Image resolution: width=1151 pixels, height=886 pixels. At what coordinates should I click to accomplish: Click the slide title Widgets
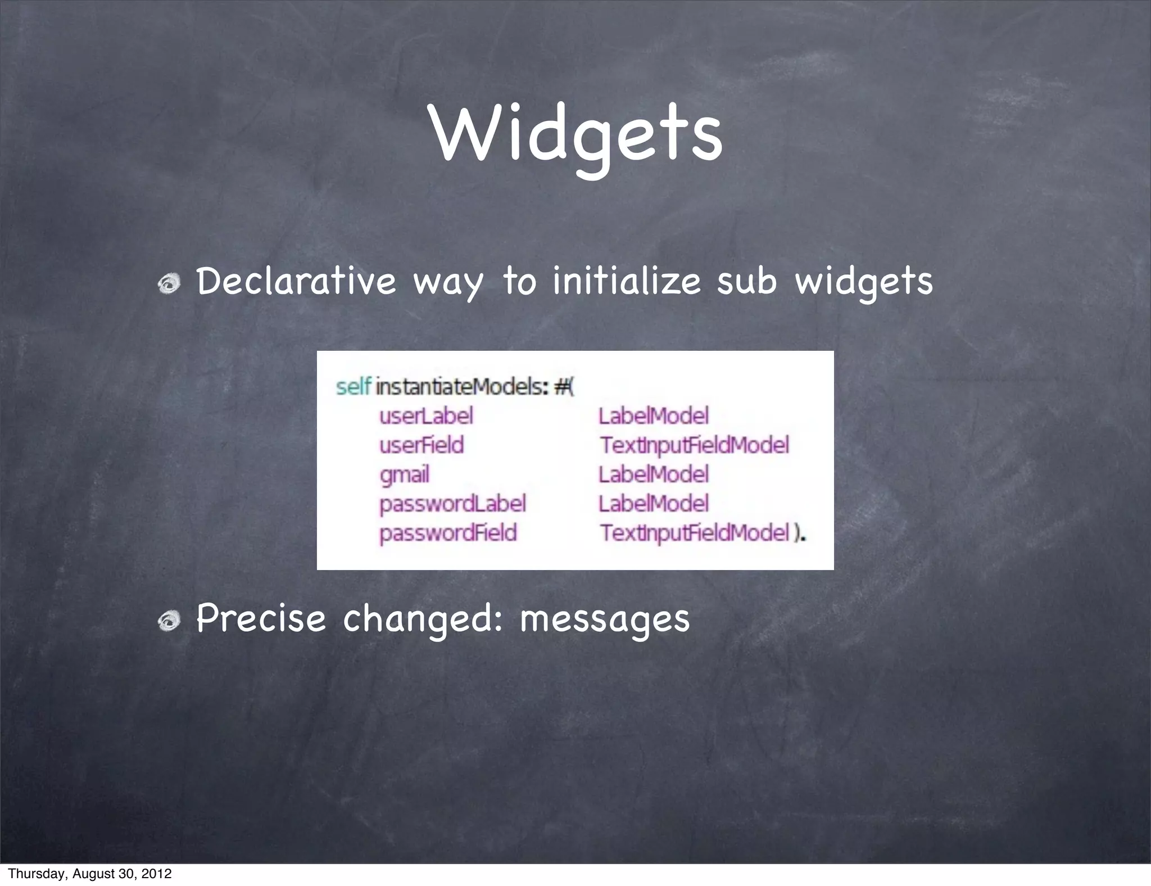click(576, 135)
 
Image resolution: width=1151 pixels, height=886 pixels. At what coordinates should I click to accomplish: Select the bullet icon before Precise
click(168, 621)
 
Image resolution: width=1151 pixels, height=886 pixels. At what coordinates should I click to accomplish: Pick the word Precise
click(261, 618)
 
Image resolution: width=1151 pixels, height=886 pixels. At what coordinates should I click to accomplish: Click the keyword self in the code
click(353, 387)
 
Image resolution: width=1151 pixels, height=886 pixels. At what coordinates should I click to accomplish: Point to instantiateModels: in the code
click(461, 387)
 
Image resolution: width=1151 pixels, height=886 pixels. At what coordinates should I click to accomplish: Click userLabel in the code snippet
click(426, 416)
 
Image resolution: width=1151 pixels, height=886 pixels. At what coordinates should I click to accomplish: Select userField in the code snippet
click(422, 445)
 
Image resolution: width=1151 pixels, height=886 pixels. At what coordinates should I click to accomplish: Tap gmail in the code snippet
click(404, 475)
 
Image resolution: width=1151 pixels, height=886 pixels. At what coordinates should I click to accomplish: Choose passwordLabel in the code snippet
click(452, 504)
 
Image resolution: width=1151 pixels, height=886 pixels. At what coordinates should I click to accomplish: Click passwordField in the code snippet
click(448, 533)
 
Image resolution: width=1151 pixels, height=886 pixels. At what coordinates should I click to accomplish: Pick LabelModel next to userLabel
click(653, 416)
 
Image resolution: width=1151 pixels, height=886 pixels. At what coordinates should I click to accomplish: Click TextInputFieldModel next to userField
click(694, 445)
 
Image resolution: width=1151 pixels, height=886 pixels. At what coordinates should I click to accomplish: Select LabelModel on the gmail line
click(653, 474)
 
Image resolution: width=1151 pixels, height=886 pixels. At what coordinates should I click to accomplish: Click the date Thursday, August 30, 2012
click(90, 874)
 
